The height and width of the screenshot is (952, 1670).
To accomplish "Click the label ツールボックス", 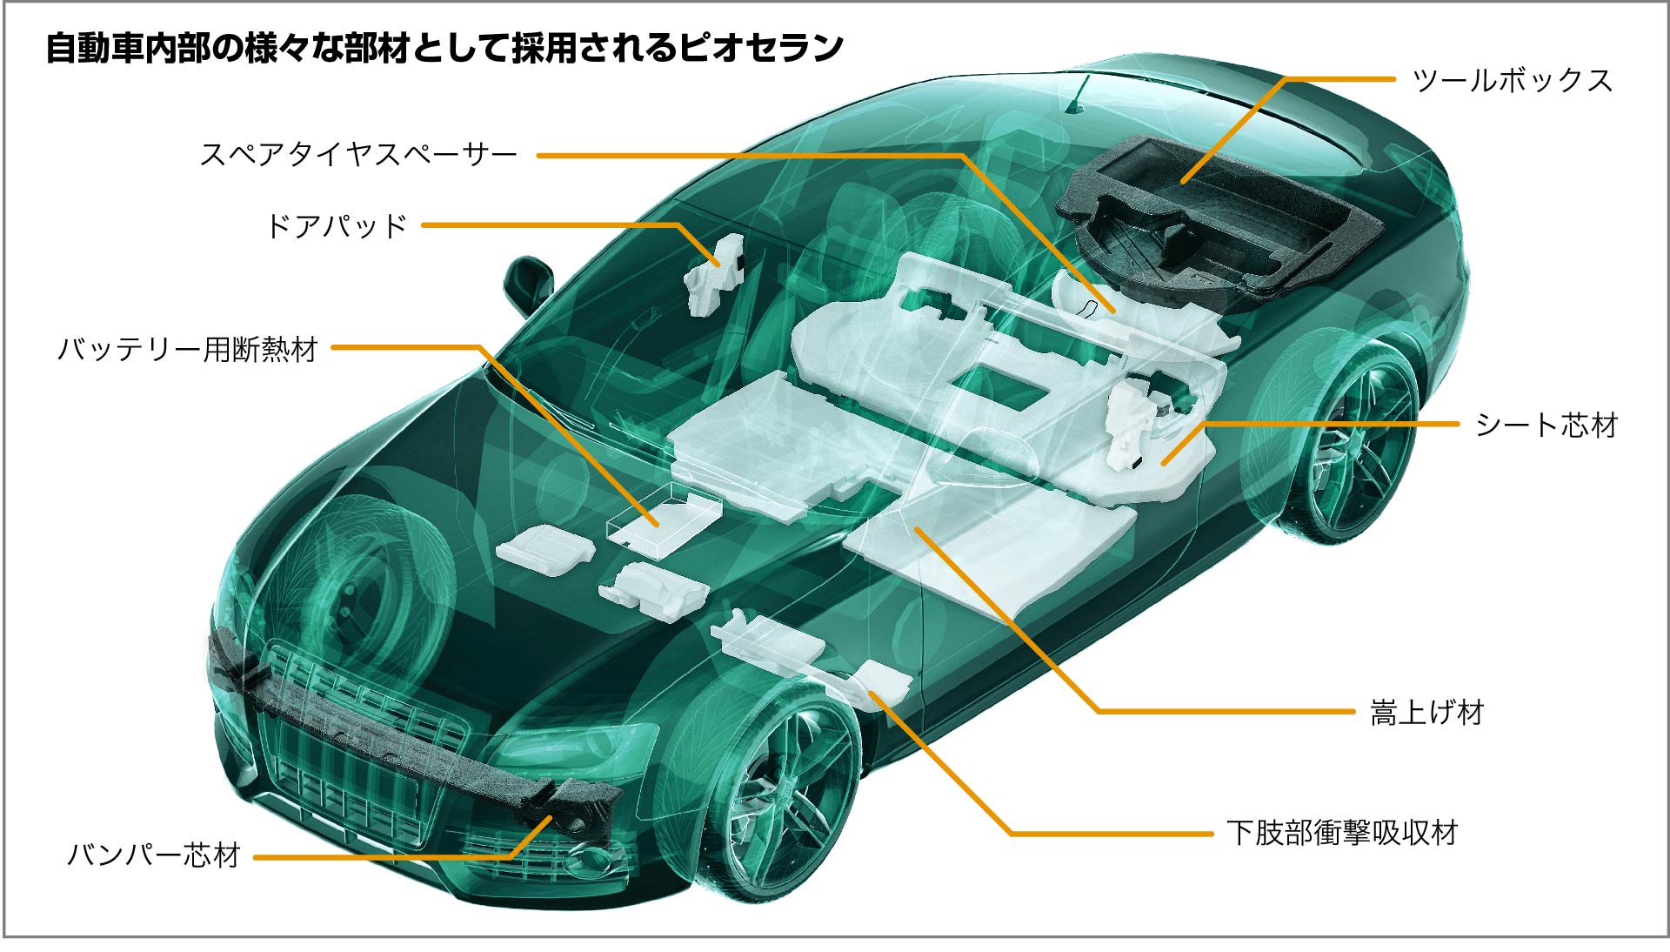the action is coord(1513,80).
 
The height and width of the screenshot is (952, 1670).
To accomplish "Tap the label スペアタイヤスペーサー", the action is coord(358,155).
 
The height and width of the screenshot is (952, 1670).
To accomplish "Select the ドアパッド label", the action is coord(337,226).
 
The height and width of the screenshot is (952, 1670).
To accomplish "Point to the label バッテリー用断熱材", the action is coord(188,349).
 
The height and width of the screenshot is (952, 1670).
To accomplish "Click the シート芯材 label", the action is coord(1546,425).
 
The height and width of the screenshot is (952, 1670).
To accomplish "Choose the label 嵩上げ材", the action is coord(1426,713).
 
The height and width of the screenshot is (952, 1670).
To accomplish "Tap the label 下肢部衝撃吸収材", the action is coord(1342,833).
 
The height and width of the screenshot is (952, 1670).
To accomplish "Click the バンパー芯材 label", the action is coord(154,855).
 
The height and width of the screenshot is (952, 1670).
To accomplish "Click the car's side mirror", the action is coord(527,283).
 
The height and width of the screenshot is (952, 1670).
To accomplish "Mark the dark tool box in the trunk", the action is coord(1218,218).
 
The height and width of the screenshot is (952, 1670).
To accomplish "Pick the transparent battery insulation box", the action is coord(663,520).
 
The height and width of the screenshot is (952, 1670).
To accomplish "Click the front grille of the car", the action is coord(348,748).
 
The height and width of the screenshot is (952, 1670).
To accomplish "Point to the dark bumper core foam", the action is coord(409,731).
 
